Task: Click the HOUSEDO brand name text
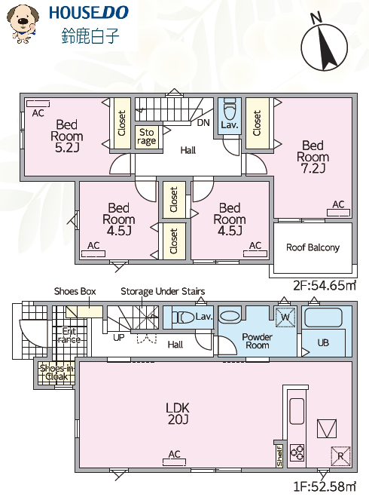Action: pos(89,13)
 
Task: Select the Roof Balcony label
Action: pos(313,247)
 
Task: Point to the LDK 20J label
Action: pos(178,413)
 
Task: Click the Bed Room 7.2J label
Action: pos(313,157)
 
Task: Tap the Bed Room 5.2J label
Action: pos(66,136)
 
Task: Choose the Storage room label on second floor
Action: pos(146,137)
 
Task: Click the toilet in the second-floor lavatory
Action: pos(230,108)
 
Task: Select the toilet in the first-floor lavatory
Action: pos(183,317)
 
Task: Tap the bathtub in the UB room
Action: pos(323,317)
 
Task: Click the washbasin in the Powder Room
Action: pos(230,317)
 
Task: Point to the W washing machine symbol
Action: pos(285,317)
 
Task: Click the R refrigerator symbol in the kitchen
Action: pos(340,455)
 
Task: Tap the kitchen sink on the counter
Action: pos(297,411)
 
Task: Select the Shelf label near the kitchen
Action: pos(279,455)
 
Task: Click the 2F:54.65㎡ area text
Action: pos(325,285)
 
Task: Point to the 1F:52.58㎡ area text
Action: pos(325,486)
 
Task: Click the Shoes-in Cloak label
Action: pos(56,372)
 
